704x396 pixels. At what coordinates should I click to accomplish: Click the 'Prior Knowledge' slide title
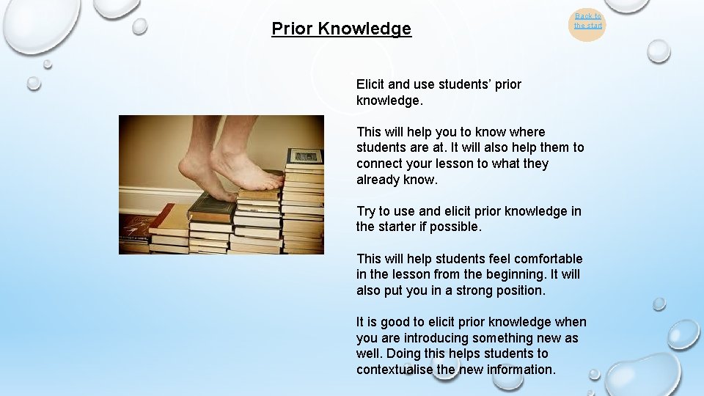pos(341,29)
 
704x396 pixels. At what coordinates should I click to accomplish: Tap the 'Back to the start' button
pos(587,21)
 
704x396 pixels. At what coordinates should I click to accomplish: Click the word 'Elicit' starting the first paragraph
pos(372,84)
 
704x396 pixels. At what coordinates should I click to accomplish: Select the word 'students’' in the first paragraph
pos(468,84)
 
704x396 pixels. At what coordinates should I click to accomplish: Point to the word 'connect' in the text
pos(379,164)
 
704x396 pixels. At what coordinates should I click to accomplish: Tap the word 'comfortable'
pos(548,258)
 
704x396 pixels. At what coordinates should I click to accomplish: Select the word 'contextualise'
pos(395,370)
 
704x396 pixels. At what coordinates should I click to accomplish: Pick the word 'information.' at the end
pos(522,370)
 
